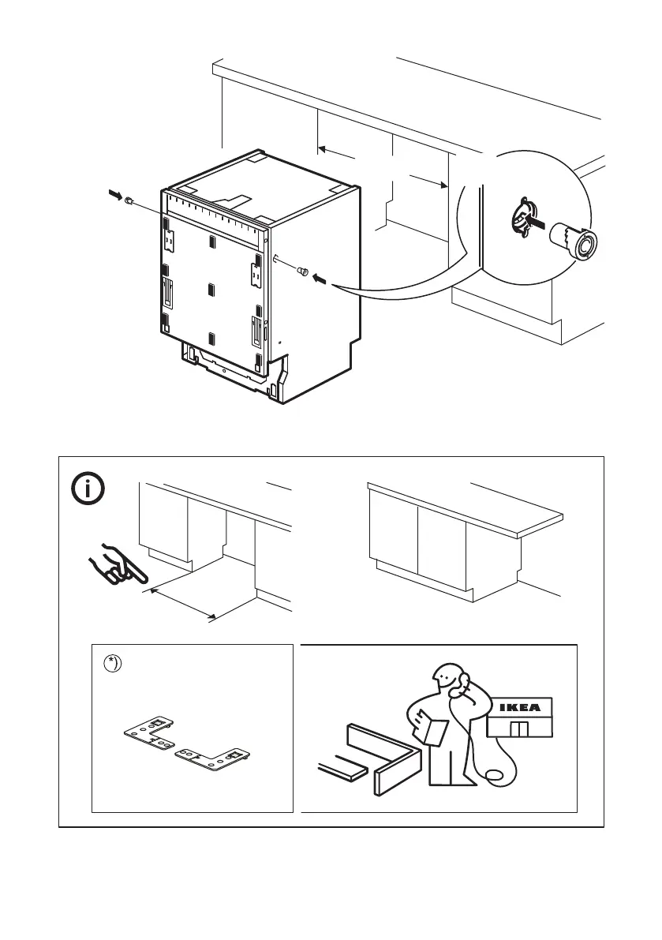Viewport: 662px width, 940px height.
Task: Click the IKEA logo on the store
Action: coord(518,708)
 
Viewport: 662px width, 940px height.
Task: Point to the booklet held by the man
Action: coord(428,726)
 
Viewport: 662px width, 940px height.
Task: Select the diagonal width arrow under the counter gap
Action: coord(181,601)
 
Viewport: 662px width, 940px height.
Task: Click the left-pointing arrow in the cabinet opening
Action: coord(335,151)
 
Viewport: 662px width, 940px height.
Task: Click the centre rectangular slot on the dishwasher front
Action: coord(211,290)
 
